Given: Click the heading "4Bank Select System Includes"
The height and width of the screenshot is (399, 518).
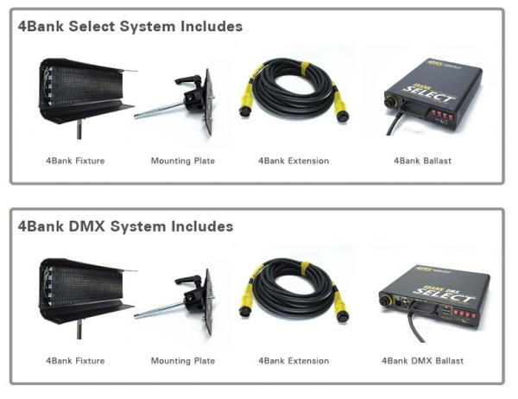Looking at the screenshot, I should point(130,26).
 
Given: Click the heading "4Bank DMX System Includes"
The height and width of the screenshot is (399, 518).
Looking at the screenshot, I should point(125,226).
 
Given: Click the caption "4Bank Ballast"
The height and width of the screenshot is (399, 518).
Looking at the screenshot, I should point(422,161).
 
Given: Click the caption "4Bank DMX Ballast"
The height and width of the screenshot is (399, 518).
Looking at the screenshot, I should point(422,360).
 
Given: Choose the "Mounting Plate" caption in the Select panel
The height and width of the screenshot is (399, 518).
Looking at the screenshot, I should point(183,161).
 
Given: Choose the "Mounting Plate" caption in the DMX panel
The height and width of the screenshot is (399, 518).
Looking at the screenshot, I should point(183,360).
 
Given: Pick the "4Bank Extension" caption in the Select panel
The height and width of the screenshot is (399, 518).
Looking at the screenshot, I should point(294,161).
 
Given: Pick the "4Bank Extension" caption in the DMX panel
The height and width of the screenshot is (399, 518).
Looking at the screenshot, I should point(294,360).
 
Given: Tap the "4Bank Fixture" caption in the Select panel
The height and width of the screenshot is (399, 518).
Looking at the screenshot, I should point(75,161).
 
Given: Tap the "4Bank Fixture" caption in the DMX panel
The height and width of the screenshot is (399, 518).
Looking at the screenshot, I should point(75,360).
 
